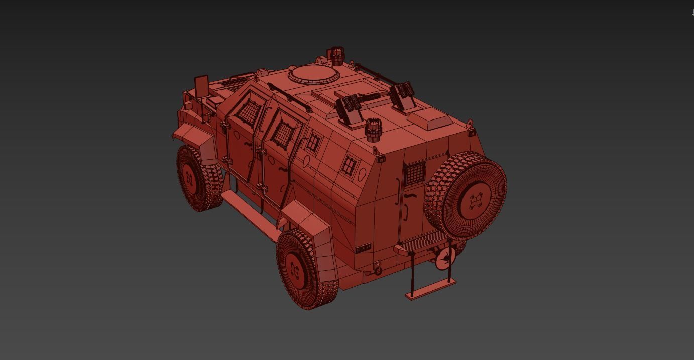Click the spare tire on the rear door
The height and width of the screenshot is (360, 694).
(x=466, y=195)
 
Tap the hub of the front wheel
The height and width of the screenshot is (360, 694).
(x=190, y=177)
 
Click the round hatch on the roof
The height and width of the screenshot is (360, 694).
(x=313, y=74)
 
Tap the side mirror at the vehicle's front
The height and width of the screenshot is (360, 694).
(x=201, y=87)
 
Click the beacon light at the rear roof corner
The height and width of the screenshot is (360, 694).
(x=373, y=130)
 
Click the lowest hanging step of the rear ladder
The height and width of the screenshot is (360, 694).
(x=431, y=289)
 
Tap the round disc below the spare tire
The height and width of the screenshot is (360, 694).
(x=445, y=258)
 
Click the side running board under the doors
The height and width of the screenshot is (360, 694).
(x=249, y=215)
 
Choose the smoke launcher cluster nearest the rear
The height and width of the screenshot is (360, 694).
(x=403, y=95)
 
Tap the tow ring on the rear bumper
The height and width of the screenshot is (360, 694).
(x=377, y=270)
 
